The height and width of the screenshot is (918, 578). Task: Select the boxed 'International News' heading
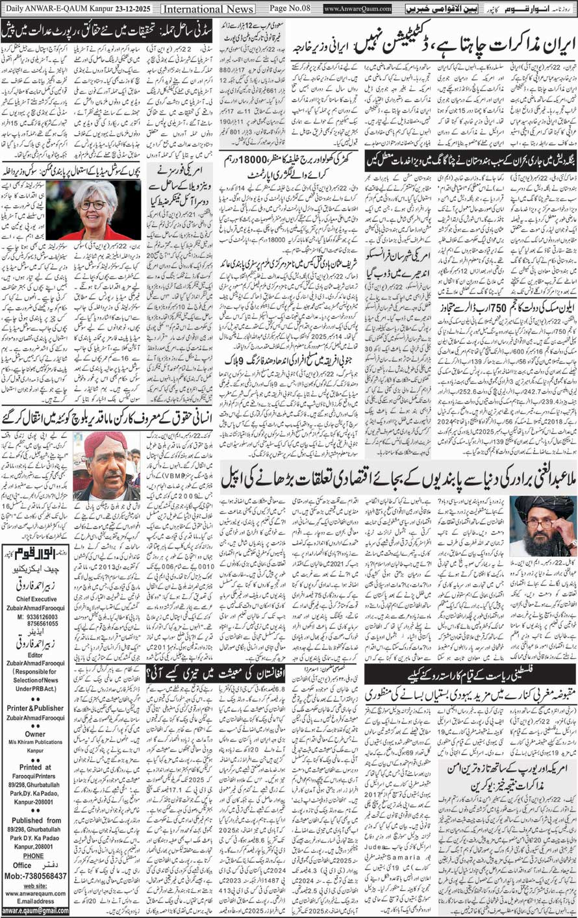(208, 9)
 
